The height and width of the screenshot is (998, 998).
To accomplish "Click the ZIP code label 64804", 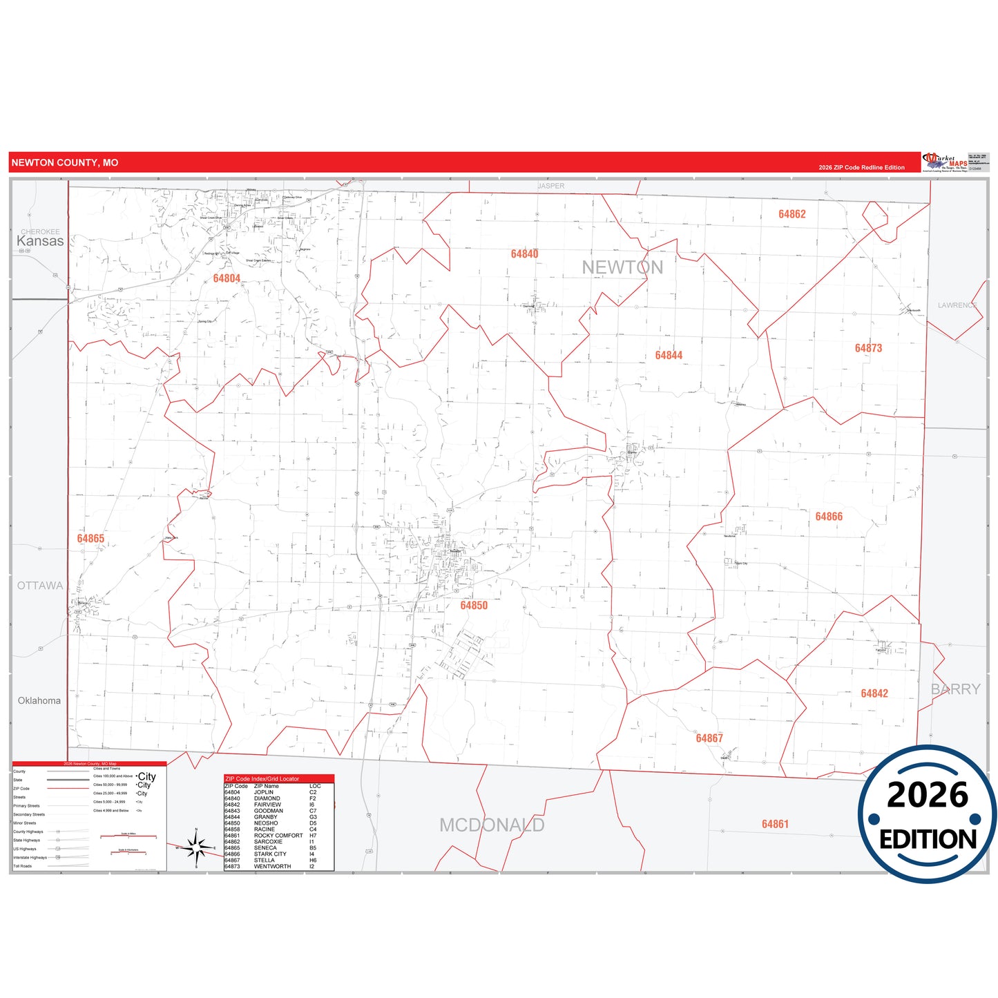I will pyautogui.click(x=227, y=278).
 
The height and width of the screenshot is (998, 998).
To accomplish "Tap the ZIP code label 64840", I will pyautogui.click(x=524, y=254).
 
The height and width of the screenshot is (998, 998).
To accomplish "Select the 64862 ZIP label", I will pyautogui.click(x=791, y=214).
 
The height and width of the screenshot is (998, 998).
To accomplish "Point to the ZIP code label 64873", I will pyautogui.click(x=868, y=348).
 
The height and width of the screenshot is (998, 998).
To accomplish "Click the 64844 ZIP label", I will pyautogui.click(x=669, y=356).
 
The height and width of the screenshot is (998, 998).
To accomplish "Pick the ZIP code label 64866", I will pyautogui.click(x=829, y=517).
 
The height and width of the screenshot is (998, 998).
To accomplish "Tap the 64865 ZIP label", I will pyautogui.click(x=90, y=539).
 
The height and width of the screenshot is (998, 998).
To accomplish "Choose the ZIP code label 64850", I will pyautogui.click(x=474, y=606).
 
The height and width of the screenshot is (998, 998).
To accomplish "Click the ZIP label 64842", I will pyautogui.click(x=874, y=693).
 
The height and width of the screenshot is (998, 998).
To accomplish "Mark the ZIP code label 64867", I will pyautogui.click(x=709, y=738).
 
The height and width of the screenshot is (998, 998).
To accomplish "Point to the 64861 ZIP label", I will pyautogui.click(x=775, y=824).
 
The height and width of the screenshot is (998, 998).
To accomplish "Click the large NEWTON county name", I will pyautogui.click(x=622, y=267).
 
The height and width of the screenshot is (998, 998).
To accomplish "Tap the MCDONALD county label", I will pyautogui.click(x=492, y=825).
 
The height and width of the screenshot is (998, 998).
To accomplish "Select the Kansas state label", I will pyautogui.click(x=40, y=241).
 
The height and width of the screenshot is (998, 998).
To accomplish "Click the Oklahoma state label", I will pyautogui.click(x=39, y=701).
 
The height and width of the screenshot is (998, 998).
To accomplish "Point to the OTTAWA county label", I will pyautogui.click(x=40, y=586).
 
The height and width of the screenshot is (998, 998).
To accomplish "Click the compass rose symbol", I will pyautogui.click(x=196, y=847).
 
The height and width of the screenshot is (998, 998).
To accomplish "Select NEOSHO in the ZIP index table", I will pyautogui.click(x=266, y=823).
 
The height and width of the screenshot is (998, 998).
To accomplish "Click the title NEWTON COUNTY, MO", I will pyautogui.click(x=65, y=163).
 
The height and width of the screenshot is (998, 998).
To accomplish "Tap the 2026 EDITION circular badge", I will pyautogui.click(x=927, y=815).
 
